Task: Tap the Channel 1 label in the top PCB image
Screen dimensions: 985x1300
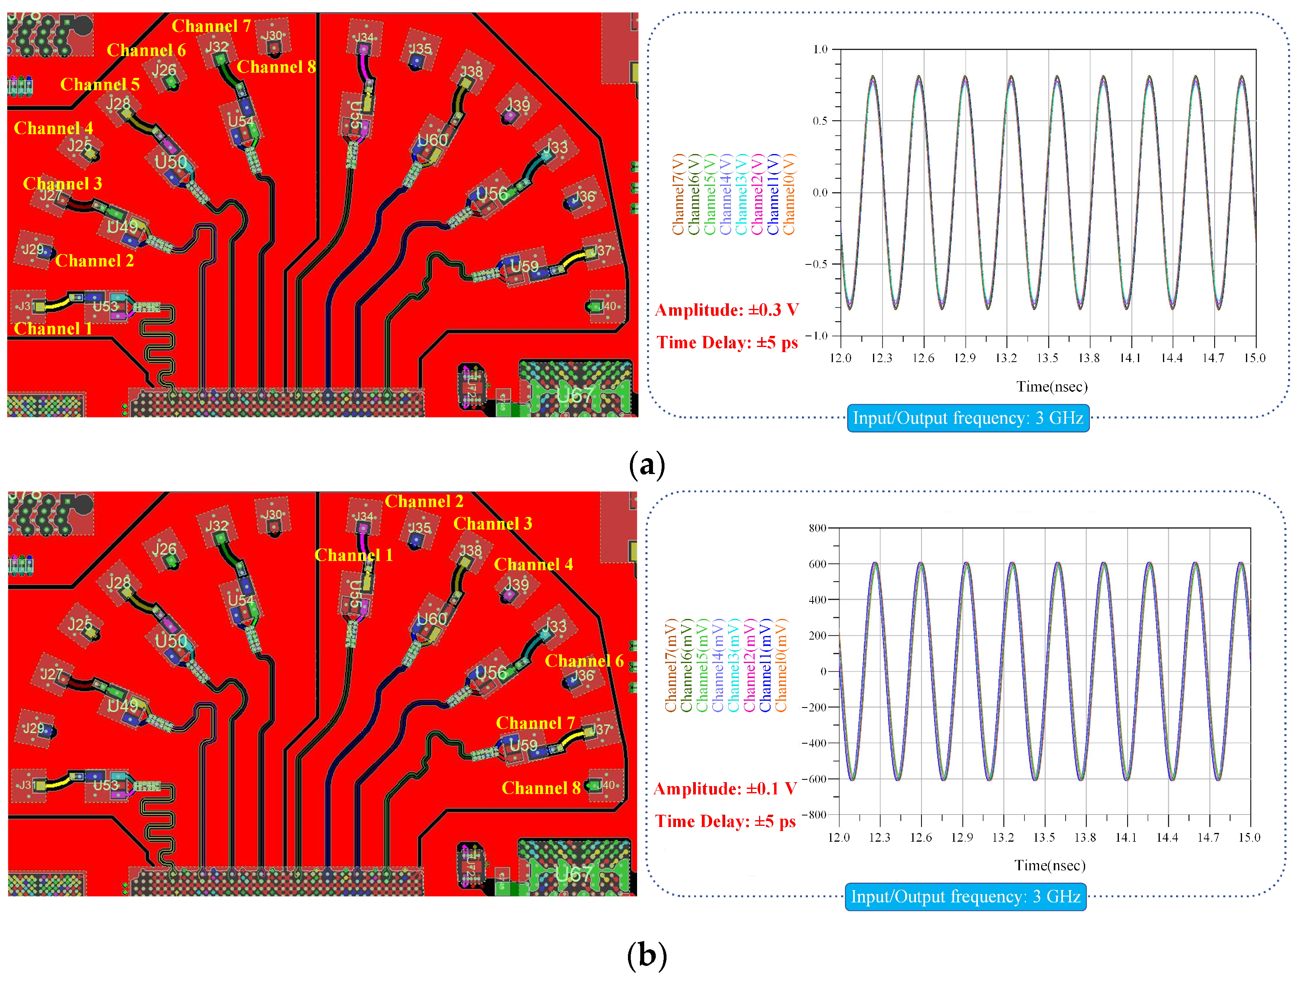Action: pos(53,329)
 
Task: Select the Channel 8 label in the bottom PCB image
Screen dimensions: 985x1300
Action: pos(541,788)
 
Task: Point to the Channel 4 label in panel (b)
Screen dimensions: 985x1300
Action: pos(533,565)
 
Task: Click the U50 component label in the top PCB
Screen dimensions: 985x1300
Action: pos(170,162)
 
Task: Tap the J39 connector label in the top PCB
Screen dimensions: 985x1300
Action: pos(517,106)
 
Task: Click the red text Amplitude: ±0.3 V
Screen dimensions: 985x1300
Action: pos(726,310)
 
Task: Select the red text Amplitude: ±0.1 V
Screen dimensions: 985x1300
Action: pos(724,789)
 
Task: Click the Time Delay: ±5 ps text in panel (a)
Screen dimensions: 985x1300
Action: pos(727,343)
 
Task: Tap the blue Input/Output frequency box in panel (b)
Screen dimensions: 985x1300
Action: pos(965,897)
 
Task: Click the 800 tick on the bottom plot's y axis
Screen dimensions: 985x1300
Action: pos(817,528)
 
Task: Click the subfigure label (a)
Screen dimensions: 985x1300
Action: pos(647,465)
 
